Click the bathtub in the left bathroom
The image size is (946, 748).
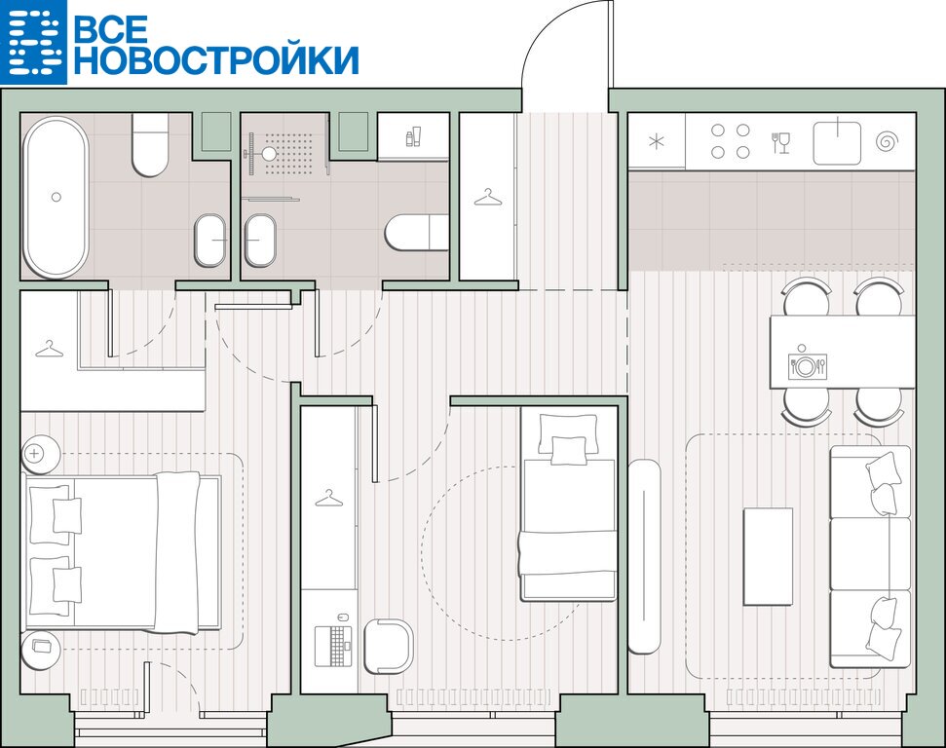[x=56, y=198]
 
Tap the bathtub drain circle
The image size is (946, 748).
[x=57, y=197]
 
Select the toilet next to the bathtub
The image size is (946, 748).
[x=150, y=144]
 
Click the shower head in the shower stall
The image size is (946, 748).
[x=269, y=154]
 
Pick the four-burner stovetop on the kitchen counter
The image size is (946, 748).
[x=730, y=141]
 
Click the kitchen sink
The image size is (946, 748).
[x=837, y=142]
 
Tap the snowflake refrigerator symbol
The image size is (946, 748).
[x=656, y=142]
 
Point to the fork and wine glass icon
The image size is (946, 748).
[x=780, y=143]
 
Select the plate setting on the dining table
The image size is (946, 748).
[x=807, y=366]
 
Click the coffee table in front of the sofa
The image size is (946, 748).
[x=768, y=556]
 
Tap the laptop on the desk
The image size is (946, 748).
[x=333, y=646]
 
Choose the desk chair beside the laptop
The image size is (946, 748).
[x=389, y=646]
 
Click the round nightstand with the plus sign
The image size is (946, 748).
[x=40, y=454]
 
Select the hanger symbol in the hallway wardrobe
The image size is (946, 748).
[x=487, y=198]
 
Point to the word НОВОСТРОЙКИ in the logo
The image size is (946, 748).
[x=216, y=59]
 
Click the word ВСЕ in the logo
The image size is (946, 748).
[x=111, y=27]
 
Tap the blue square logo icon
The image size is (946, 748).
[x=33, y=42]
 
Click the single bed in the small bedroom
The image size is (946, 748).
[x=568, y=506]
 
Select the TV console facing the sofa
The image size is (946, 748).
[x=644, y=556]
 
